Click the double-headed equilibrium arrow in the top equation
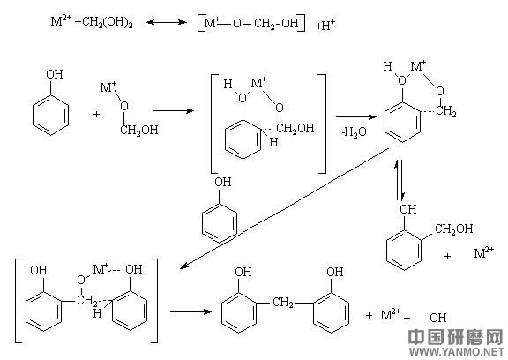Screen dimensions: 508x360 pyautogui.click(x=166, y=22)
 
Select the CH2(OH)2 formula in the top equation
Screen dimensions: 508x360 pyautogui.click(x=108, y=22)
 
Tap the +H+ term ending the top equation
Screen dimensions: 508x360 pyautogui.click(x=325, y=25)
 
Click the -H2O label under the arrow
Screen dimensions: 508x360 pyautogui.click(x=354, y=131)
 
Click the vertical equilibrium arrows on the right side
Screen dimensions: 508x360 pyautogui.click(x=399, y=179)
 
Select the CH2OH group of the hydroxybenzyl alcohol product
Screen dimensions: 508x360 pyautogui.click(x=453, y=229)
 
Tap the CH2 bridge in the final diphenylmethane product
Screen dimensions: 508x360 pyautogui.click(x=283, y=303)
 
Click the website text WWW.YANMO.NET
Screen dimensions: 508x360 pyautogui.click(x=457, y=351)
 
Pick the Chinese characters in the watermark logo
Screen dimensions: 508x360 pyautogui.click(x=457, y=337)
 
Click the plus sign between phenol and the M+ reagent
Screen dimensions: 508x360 pyautogui.click(x=96, y=115)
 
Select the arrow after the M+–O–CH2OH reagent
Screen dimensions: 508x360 pyautogui.click(x=174, y=111)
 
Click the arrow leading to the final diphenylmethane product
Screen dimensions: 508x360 pyautogui.click(x=190, y=311)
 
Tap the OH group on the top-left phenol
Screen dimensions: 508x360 pyautogui.click(x=54, y=74)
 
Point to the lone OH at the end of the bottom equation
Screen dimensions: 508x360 pyautogui.click(x=438, y=318)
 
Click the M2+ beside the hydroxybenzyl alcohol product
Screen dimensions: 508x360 pyautogui.click(x=484, y=252)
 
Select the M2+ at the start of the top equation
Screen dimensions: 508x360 pyautogui.click(x=61, y=21)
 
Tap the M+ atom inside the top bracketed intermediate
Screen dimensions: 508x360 pyautogui.click(x=259, y=83)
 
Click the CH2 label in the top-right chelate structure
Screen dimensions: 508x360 pyautogui.click(x=446, y=111)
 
